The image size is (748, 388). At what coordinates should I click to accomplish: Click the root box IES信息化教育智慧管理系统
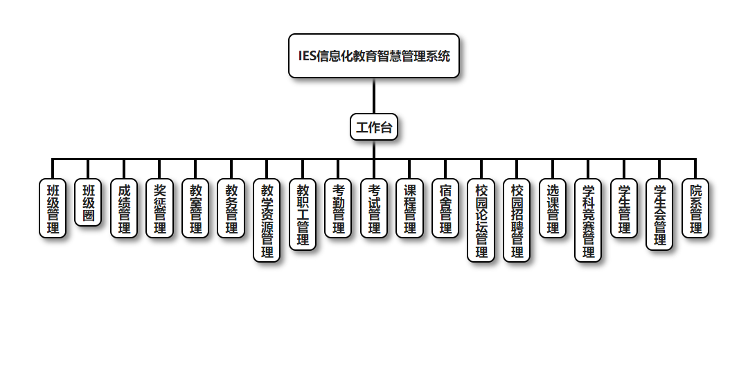tap(374, 55)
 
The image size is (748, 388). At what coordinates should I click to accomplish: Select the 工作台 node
tap(374, 127)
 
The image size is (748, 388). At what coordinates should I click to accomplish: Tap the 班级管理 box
tap(53, 208)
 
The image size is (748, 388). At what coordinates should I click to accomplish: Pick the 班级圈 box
tap(88, 202)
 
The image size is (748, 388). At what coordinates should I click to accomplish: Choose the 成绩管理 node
tap(124, 208)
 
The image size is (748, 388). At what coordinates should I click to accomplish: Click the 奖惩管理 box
tap(160, 208)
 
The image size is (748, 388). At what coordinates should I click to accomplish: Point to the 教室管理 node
tap(195, 208)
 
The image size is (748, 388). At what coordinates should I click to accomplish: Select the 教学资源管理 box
tap(267, 220)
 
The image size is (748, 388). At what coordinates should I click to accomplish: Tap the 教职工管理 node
tap(303, 214)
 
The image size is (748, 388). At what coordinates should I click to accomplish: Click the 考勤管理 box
tap(338, 208)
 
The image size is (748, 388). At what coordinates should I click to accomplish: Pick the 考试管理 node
tap(374, 208)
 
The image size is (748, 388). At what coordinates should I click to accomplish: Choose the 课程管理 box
tap(410, 208)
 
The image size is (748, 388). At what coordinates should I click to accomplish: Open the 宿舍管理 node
tap(445, 208)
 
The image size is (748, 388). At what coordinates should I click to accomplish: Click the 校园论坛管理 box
tap(481, 220)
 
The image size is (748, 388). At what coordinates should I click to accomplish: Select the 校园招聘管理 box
tap(517, 220)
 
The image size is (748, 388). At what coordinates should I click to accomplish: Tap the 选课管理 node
tap(553, 208)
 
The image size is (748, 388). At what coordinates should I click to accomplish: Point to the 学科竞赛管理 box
tap(589, 220)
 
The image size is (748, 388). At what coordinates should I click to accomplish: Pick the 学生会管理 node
tap(660, 214)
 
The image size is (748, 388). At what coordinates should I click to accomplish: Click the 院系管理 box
tap(695, 208)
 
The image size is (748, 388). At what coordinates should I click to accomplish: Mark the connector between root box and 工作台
tap(374, 96)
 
